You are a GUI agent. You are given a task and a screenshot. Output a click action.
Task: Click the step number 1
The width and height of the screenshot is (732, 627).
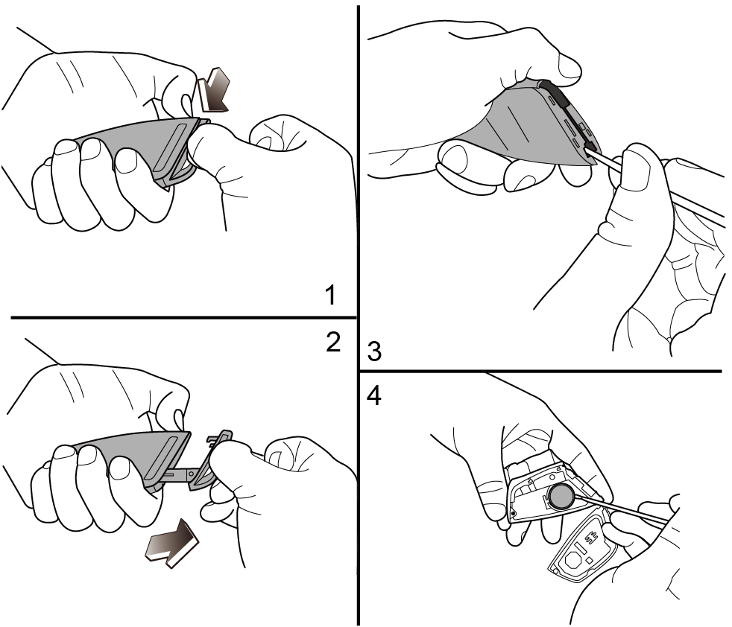coord(330,296)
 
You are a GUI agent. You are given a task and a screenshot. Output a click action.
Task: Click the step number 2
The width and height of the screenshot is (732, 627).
coord(333,343)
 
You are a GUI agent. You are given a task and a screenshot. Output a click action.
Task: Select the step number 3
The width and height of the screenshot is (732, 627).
coord(374,351)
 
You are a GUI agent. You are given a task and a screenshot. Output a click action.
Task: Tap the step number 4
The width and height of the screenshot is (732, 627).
coord(374,397)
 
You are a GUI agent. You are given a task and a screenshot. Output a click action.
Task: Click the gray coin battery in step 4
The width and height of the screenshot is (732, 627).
coord(561,497)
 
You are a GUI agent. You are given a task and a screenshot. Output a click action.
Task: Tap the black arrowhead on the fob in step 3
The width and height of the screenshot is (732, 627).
coord(590,149)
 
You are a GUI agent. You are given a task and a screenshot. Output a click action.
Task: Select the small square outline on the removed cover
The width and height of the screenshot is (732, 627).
coord(590,559)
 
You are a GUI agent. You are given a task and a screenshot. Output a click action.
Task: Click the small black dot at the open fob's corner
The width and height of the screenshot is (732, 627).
coord(514,514)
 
